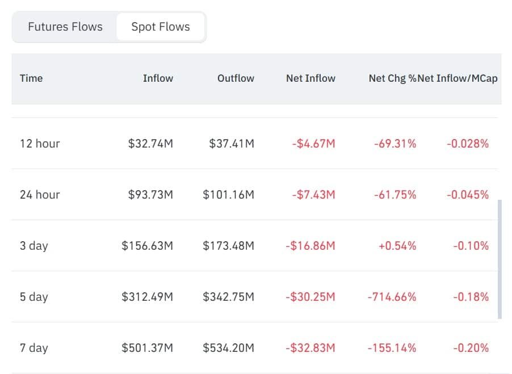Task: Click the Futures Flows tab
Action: (65, 27)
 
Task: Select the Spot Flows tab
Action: (160, 27)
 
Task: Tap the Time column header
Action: (31, 78)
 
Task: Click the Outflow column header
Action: (236, 78)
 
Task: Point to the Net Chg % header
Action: (392, 78)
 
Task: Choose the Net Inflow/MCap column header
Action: (458, 78)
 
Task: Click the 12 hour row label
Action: (40, 144)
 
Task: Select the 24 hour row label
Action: (40, 195)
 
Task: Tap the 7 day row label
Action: (34, 348)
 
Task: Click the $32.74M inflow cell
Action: (150, 144)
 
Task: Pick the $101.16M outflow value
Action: (229, 195)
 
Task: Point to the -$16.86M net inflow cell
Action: (310, 246)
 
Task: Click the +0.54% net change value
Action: (397, 246)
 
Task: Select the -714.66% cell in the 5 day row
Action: (392, 297)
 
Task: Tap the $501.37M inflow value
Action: (147, 348)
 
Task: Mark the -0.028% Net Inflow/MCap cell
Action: (468, 144)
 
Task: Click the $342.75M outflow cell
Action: (229, 297)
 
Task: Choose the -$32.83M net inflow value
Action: (310, 348)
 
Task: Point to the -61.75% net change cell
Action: (395, 195)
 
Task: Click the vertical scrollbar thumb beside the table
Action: (500, 259)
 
